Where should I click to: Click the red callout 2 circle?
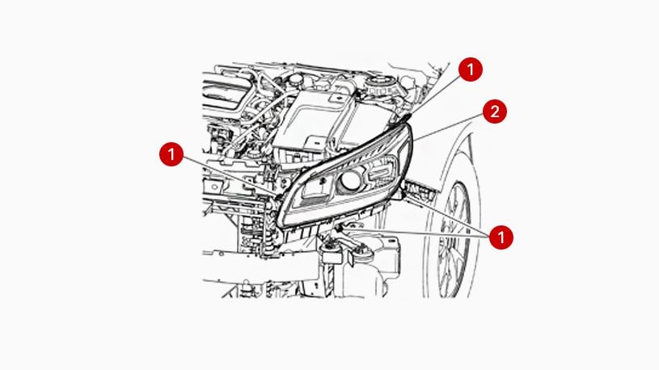coord(495,112)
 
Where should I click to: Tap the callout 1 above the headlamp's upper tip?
coord(470,70)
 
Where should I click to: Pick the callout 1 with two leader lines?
coord(501,238)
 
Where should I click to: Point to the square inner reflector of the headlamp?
coord(316,187)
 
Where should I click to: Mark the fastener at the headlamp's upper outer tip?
coord(405,120)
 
